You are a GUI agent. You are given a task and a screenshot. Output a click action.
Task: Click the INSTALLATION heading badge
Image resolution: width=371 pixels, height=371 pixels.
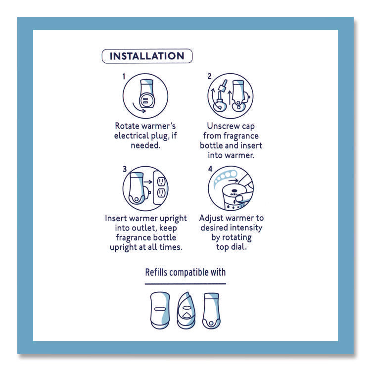click(x=146, y=56)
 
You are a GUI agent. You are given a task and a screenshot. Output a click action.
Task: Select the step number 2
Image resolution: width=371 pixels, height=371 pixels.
click(x=209, y=77)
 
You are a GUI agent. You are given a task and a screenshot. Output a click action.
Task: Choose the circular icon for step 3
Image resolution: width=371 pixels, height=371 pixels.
click(x=145, y=189)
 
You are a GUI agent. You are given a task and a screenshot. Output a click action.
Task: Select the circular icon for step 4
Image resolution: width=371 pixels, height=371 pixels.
click(x=231, y=189)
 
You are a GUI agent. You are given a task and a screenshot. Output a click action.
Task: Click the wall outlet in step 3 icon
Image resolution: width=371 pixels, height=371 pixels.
click(x=161, y=188)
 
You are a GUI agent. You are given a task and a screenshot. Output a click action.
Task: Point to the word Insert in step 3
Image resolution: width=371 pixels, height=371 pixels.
click(x=117, y=218)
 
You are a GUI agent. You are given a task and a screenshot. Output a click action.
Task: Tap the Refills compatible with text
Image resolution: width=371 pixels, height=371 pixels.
click(x=185, y=272)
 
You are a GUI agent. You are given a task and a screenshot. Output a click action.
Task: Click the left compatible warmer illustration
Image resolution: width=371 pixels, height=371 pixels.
click(x=159, y=310)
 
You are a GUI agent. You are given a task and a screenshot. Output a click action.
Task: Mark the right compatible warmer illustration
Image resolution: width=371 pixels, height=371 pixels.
click(x=211, y=310)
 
